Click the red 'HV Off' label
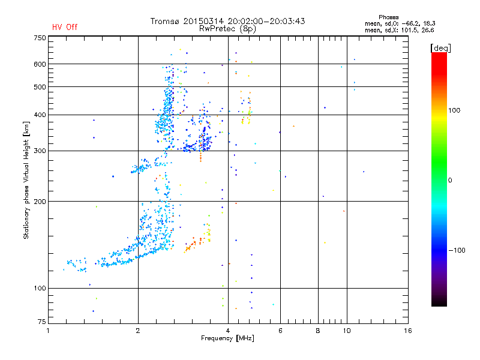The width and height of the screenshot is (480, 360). (65, 27)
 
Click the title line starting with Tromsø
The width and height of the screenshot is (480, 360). (227, 21)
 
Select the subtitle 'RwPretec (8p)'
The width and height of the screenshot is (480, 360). (227, 28)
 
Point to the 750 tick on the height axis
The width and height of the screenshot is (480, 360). (40, 37)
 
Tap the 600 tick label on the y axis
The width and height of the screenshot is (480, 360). (40, 64)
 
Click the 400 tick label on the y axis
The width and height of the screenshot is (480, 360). (40, 115)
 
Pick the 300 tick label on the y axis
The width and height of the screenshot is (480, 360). (40, 151)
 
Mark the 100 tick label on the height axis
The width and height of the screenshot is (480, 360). (40, 289)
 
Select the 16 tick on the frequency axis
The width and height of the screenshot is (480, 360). (407, 331)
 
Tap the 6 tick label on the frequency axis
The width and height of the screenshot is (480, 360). (280, 331)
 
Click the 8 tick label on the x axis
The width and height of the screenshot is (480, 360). (318, 331)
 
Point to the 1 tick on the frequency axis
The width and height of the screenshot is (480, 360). (49, 331)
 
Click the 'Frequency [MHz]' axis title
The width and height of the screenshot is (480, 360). (227, 339)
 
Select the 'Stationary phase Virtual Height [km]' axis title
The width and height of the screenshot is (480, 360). (26, 180)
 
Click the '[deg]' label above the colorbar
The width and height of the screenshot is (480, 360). (440, 47)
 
